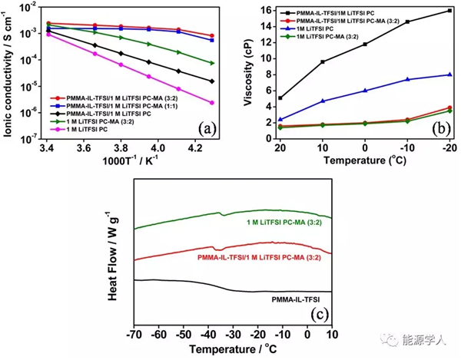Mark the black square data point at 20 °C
click(280, 98)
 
